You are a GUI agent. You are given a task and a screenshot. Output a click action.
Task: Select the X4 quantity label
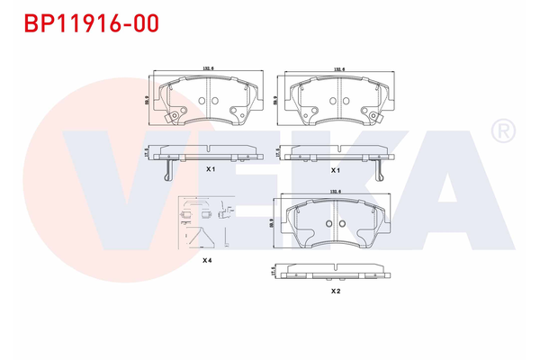[206, 260]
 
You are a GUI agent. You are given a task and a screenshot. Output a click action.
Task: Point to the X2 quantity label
[335, 292]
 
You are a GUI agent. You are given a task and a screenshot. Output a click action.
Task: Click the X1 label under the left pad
[211, 169]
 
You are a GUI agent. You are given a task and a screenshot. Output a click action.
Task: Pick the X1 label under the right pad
[335, 169]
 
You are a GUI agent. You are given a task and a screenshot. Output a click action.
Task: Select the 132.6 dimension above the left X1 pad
[208, 68]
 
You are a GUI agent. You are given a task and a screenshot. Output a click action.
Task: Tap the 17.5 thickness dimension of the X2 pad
[272, 270]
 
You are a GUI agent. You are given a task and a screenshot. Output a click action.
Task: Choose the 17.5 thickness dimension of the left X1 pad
[146, 155]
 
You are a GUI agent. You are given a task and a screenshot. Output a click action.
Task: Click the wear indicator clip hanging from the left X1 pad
[167, 171]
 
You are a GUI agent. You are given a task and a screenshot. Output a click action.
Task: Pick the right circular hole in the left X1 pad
[216, 101]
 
